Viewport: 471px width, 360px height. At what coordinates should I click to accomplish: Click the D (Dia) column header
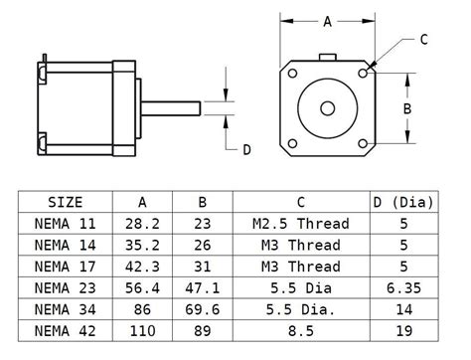click(403, 202)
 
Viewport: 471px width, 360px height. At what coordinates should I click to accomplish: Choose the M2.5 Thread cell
click(300, 224)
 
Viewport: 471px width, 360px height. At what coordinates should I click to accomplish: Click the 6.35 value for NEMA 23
click(403, 288)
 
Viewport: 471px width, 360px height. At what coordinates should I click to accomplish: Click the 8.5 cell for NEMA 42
click(300, 331)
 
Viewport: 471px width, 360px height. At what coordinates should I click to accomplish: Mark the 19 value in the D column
click(403, 331)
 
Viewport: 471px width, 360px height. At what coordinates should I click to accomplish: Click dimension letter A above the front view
click(328, 20)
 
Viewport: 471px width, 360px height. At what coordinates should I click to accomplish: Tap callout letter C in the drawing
click(423, 40)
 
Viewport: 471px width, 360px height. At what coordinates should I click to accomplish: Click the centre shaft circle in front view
click(328, 108)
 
